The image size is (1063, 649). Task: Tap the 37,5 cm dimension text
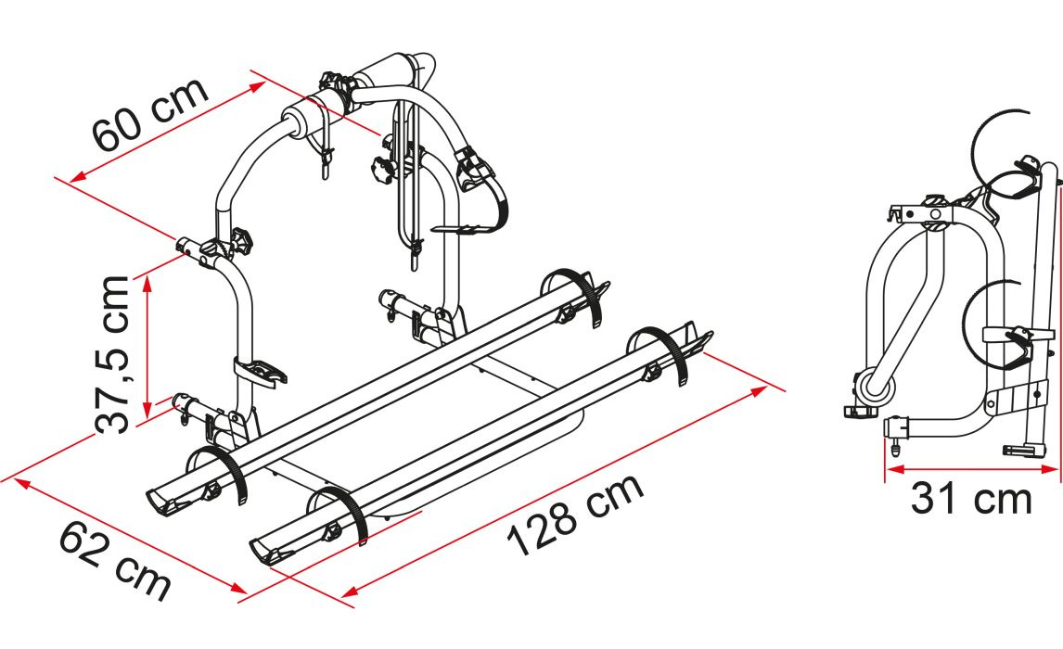click(x=112, y=353)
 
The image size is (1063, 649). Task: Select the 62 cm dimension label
click(x=115, y=560)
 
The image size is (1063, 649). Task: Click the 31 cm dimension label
click(x=971, y=499)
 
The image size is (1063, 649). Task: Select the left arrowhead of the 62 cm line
click(x=21, y=483)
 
